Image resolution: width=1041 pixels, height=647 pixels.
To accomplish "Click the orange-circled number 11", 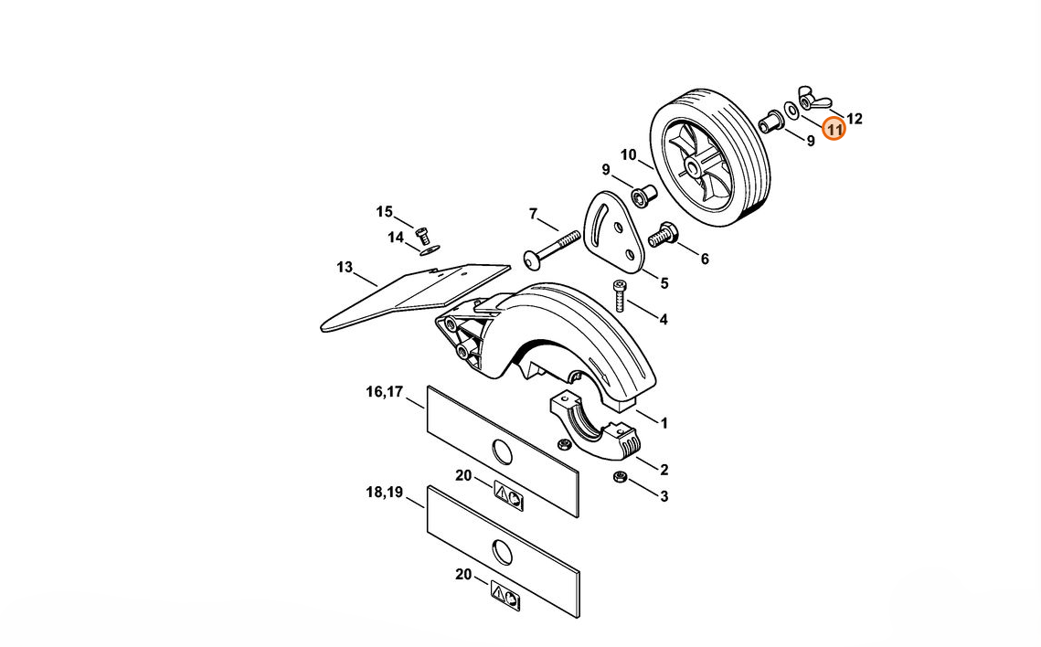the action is (x=834, y=129).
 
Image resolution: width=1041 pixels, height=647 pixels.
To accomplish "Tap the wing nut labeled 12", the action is (x=813, y=98).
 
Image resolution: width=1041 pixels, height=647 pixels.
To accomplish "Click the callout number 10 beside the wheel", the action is (x=628, y=155).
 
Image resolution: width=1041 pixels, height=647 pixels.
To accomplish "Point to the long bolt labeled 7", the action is (x=552, y=249).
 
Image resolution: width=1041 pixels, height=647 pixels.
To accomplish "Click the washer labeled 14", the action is (x=430, y=249).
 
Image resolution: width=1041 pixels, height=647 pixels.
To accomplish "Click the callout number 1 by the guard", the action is (x=664, y=423).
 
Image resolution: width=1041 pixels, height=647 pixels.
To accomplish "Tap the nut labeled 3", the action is (x=620, y=476).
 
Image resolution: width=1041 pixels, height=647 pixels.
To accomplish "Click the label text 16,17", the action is (x=385, y=391).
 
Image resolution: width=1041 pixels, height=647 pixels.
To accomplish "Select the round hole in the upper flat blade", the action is (x=503, y=451).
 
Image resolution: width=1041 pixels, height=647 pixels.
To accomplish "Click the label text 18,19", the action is (x=385, y=493).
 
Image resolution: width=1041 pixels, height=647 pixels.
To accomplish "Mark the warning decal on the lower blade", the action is (x=505, y=595).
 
